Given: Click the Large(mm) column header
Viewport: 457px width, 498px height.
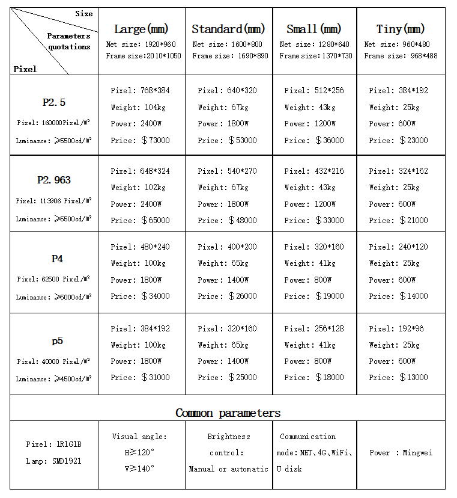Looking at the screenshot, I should point(141,29).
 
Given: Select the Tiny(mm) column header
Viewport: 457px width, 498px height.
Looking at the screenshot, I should point(400,29).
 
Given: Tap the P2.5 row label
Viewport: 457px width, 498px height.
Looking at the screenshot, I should point(54,102).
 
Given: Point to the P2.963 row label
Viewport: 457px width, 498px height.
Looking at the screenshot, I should point(54,180).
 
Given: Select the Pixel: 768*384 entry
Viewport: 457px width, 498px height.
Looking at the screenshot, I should point(140,91).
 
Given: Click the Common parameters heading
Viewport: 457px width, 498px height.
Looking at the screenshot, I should point(228,413).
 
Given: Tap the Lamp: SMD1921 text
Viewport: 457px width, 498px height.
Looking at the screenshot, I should point(53,461).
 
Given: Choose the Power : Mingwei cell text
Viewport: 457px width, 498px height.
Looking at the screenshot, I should point(401,452).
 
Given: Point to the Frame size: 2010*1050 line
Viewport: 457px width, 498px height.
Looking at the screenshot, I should point(144,56).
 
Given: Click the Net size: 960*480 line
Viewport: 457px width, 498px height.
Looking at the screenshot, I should point(401,44).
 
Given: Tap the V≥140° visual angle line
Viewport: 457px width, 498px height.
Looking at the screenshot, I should point(139,468).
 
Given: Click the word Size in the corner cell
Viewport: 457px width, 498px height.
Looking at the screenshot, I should point(84,13).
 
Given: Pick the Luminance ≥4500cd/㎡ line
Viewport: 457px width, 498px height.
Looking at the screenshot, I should point(53,379).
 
